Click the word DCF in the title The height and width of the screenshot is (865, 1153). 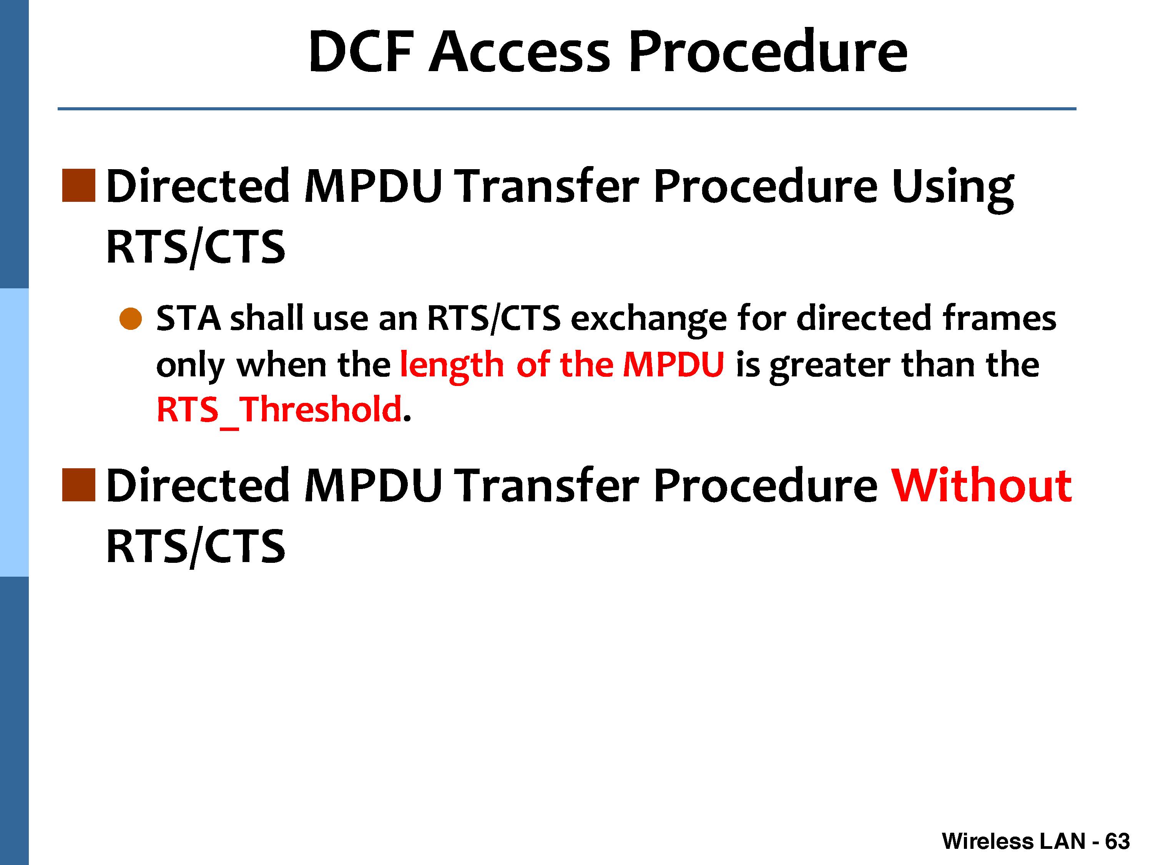[361, 52]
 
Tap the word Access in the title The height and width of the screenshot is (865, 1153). [519, 52]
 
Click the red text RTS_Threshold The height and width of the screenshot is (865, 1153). [279, 410]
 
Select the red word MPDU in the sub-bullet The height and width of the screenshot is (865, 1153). [673, 364]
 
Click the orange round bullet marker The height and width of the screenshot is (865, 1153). [130, 319]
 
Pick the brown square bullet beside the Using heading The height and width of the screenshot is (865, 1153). [79, 185]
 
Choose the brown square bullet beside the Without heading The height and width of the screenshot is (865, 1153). [79, 485]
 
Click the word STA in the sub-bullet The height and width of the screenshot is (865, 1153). [188, 319]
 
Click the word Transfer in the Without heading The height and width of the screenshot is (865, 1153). [547, 486]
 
